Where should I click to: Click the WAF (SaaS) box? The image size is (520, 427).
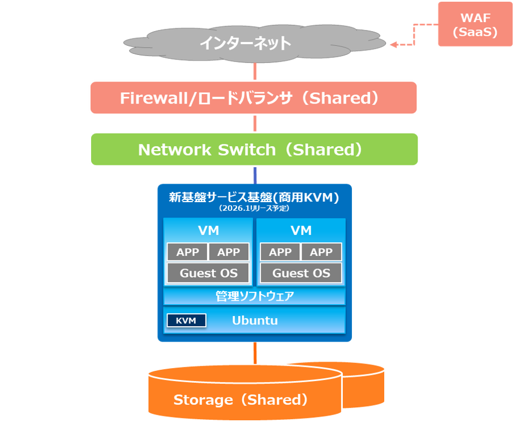click(x=475, y=24)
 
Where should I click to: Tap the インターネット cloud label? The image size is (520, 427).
click(x=246, y=43)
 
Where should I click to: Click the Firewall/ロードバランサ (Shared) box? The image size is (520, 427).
click(x=253, y=98)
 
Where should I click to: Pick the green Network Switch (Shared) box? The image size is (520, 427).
click(x=253, y=150)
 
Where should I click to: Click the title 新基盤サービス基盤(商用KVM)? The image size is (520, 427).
click(x=254, y=198)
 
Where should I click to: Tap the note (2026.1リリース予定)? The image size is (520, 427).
click(x=254, y=208)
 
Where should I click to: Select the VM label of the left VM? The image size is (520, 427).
click(x=208, y=230)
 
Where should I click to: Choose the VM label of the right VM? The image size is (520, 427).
click(x=301, y=230)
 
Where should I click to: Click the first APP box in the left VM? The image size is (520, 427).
click(x=187, y=252)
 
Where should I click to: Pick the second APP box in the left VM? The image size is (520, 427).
click(x=229, y=252)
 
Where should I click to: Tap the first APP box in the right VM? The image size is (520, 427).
click(x=280, y=252)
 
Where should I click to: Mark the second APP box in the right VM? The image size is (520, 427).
click(x=321, y=252)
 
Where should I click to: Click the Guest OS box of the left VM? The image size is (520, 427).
click(x=208, y=273)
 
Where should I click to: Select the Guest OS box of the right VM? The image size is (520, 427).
click(x=301, y=273)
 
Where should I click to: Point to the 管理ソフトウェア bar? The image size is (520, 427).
click(x=254, y=296)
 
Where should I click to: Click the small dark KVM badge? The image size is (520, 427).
click(x=186, y=321)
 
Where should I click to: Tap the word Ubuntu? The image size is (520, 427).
click(x=255, y=321)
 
